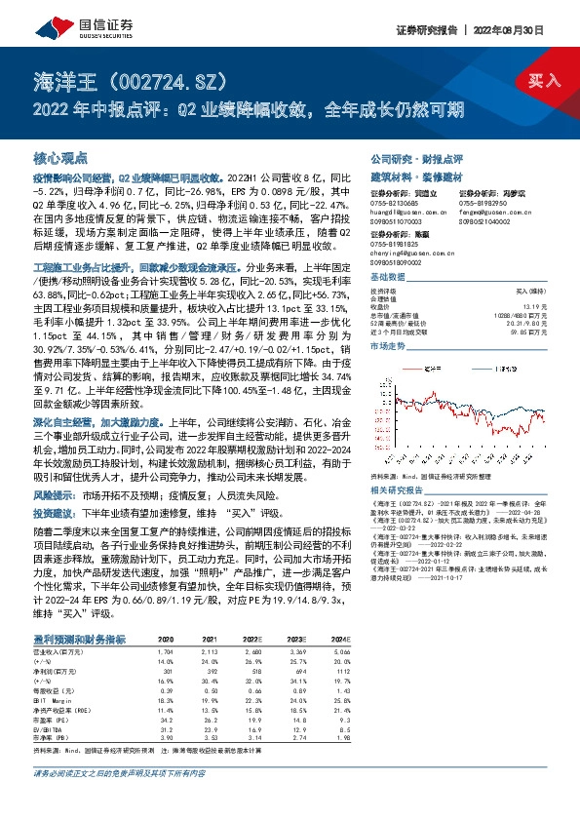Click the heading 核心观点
click(x=61, y=157)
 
